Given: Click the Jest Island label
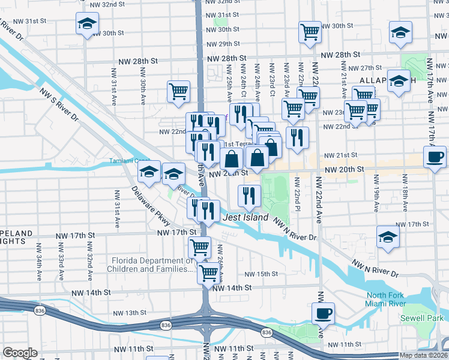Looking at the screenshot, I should [x=246, y=217].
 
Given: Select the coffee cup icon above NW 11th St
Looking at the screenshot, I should [x=323, y=312].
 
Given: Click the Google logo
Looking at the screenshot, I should [x=20, y=353].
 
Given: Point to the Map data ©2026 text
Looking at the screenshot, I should [x=424, y=355].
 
